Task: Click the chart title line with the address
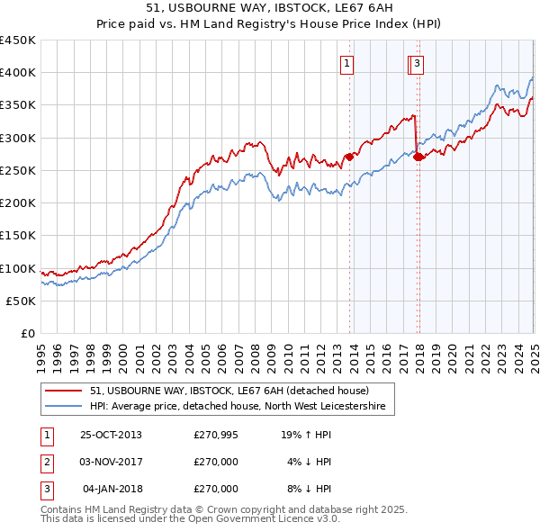pos(269,7)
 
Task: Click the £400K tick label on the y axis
pos(18,73)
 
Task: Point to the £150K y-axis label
pos(18,236)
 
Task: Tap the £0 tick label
pos(27,333)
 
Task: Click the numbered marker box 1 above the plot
pos(346,63)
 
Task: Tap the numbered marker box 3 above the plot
pos(418,63)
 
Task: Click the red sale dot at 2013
pos(350,157)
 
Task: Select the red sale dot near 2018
pos(418,157)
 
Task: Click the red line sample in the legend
pos(64,391)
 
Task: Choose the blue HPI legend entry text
pos(238,407)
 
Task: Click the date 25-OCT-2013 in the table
pos(111,435)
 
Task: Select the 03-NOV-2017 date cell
pos(111,462)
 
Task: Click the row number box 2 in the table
pos(44,462)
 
